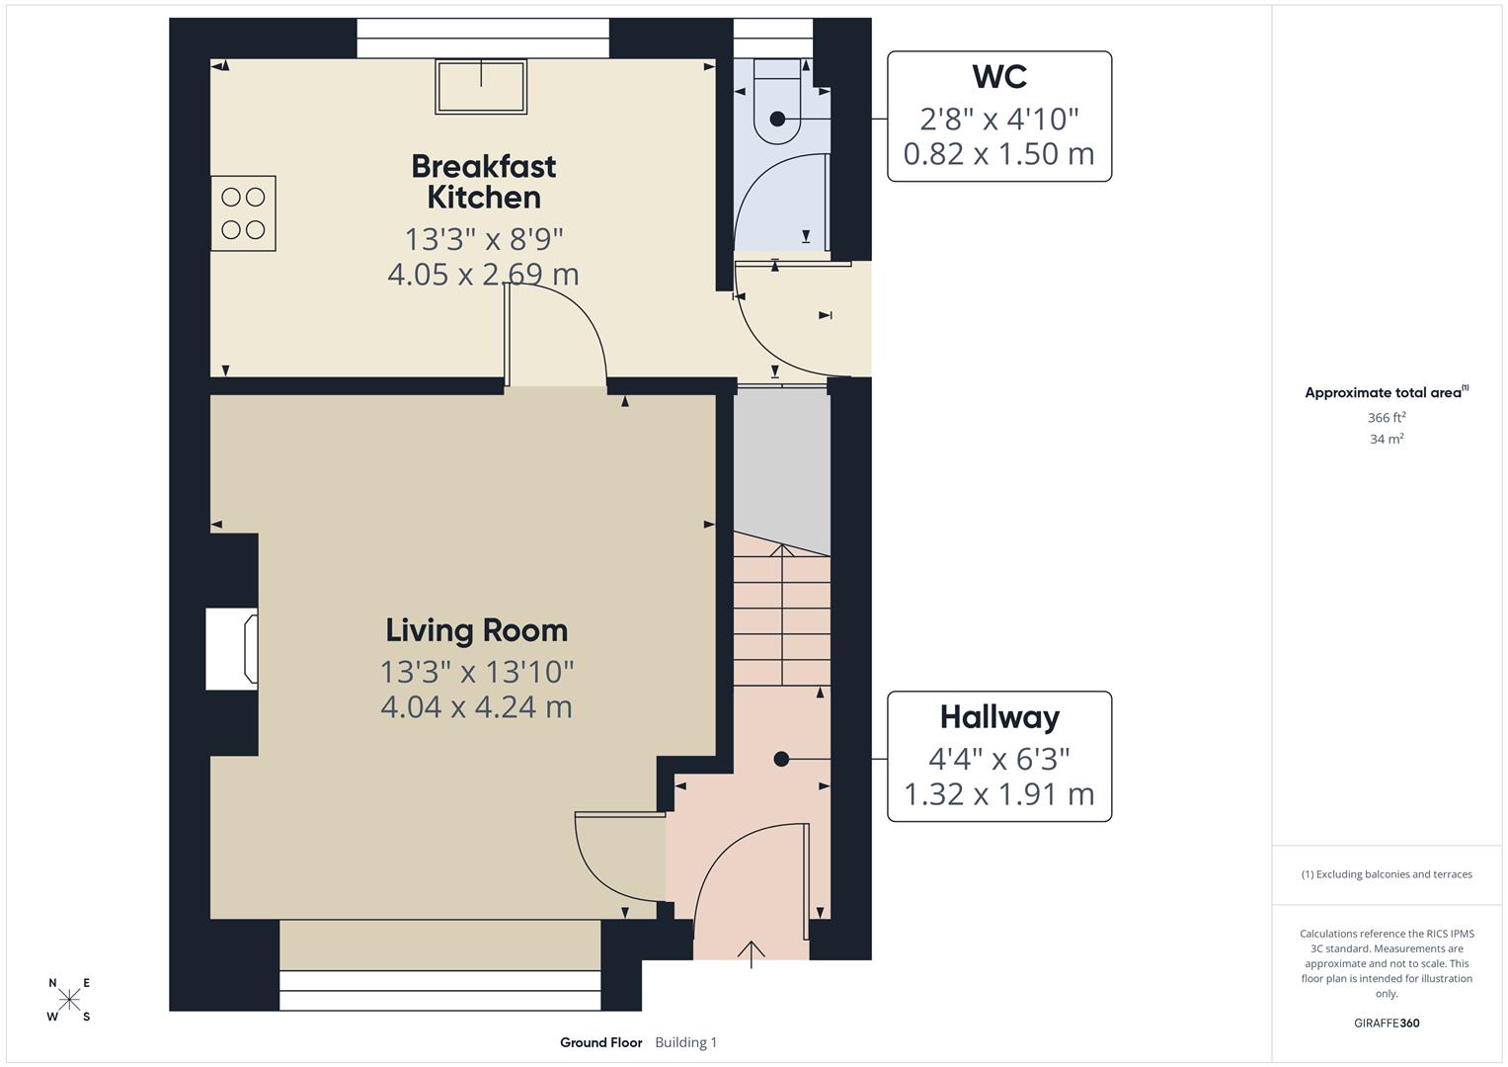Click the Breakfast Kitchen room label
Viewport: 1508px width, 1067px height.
click(x=483, y=181)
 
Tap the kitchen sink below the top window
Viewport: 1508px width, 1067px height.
click(x=481, y=87)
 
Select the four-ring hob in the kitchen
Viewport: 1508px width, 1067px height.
click(x=243, y=213)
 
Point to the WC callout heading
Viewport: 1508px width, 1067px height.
click(x=998, y=76)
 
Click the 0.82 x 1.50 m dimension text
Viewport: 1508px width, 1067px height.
click(x=998, y=154)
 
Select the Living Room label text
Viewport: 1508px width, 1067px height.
click(x=476, y=630)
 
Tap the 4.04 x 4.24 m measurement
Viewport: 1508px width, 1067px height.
click(x=476, y=707)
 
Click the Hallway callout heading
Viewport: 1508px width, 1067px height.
click(x=998, y=716)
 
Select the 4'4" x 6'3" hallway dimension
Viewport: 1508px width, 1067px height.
click(x=998, y=759)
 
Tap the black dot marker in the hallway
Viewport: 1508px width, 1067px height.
click(x=781, y=759)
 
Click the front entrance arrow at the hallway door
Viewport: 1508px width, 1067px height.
click(x=751, y=953)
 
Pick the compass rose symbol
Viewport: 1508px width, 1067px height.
click(x=69, y=1000)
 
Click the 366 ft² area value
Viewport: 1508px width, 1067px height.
click(x=1386, y=418)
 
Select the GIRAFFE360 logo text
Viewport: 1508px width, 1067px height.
click(x=1386, y=1023)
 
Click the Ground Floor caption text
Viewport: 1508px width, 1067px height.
click(x=600, y=1042)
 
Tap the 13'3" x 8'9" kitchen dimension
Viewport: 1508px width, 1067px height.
click(x=483, y=239)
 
